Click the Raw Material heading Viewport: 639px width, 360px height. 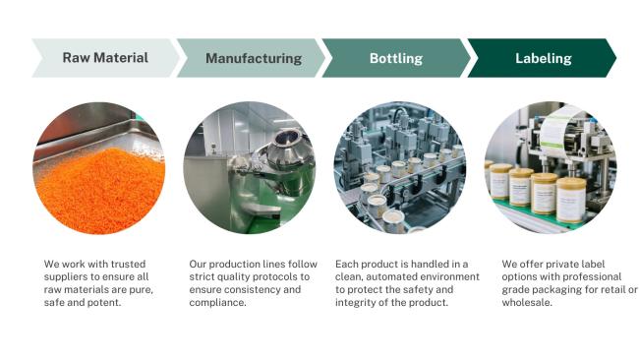pyautogui.click(x=105, y=58)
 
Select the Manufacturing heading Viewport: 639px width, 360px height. pyautogui.click(x=254, y=58)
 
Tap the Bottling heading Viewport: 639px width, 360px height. pyautogui.click(x=396, y=58)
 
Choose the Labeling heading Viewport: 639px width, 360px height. pyautogui.click(x=544, y=58)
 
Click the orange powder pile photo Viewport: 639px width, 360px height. pyautogui.click(x=99, y=168)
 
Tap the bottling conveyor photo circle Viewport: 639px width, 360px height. pyautogui.click(x=400, y=167)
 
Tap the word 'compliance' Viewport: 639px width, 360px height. pyautogui.click(x=217, y=303)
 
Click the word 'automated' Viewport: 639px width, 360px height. pyautogui.click(x=391, y=276)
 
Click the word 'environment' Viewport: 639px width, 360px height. pyautogui.click(x=449, y=276)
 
